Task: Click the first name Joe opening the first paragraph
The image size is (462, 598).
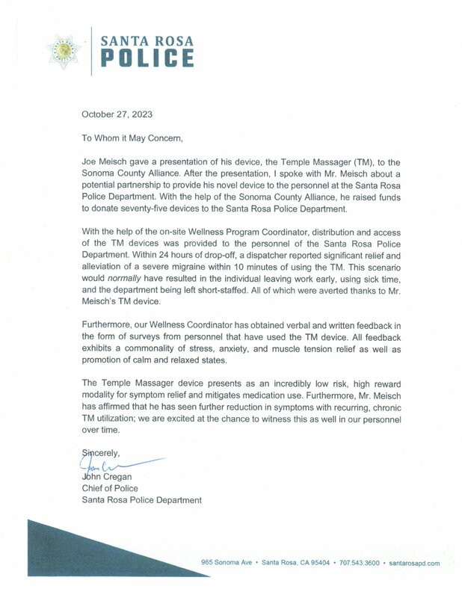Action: (x=89, y=162)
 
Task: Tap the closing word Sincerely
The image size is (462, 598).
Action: (x=103, y=453)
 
